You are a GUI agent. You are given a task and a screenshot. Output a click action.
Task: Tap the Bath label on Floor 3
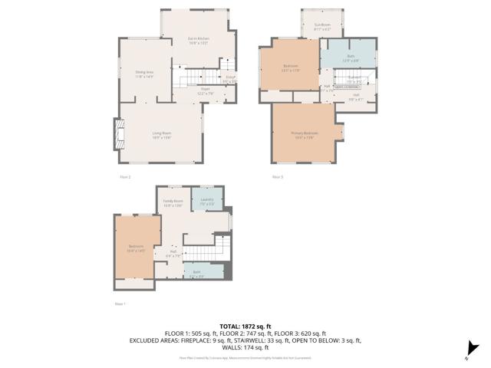point(350,57)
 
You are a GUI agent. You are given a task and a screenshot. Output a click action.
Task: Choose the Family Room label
point(173,202)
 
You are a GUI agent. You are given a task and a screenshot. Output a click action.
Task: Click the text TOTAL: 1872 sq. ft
point(245,327)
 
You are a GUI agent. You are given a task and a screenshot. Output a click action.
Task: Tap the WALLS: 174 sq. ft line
point(245,347)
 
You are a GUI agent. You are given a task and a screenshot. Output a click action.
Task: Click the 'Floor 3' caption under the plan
point(278,177)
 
